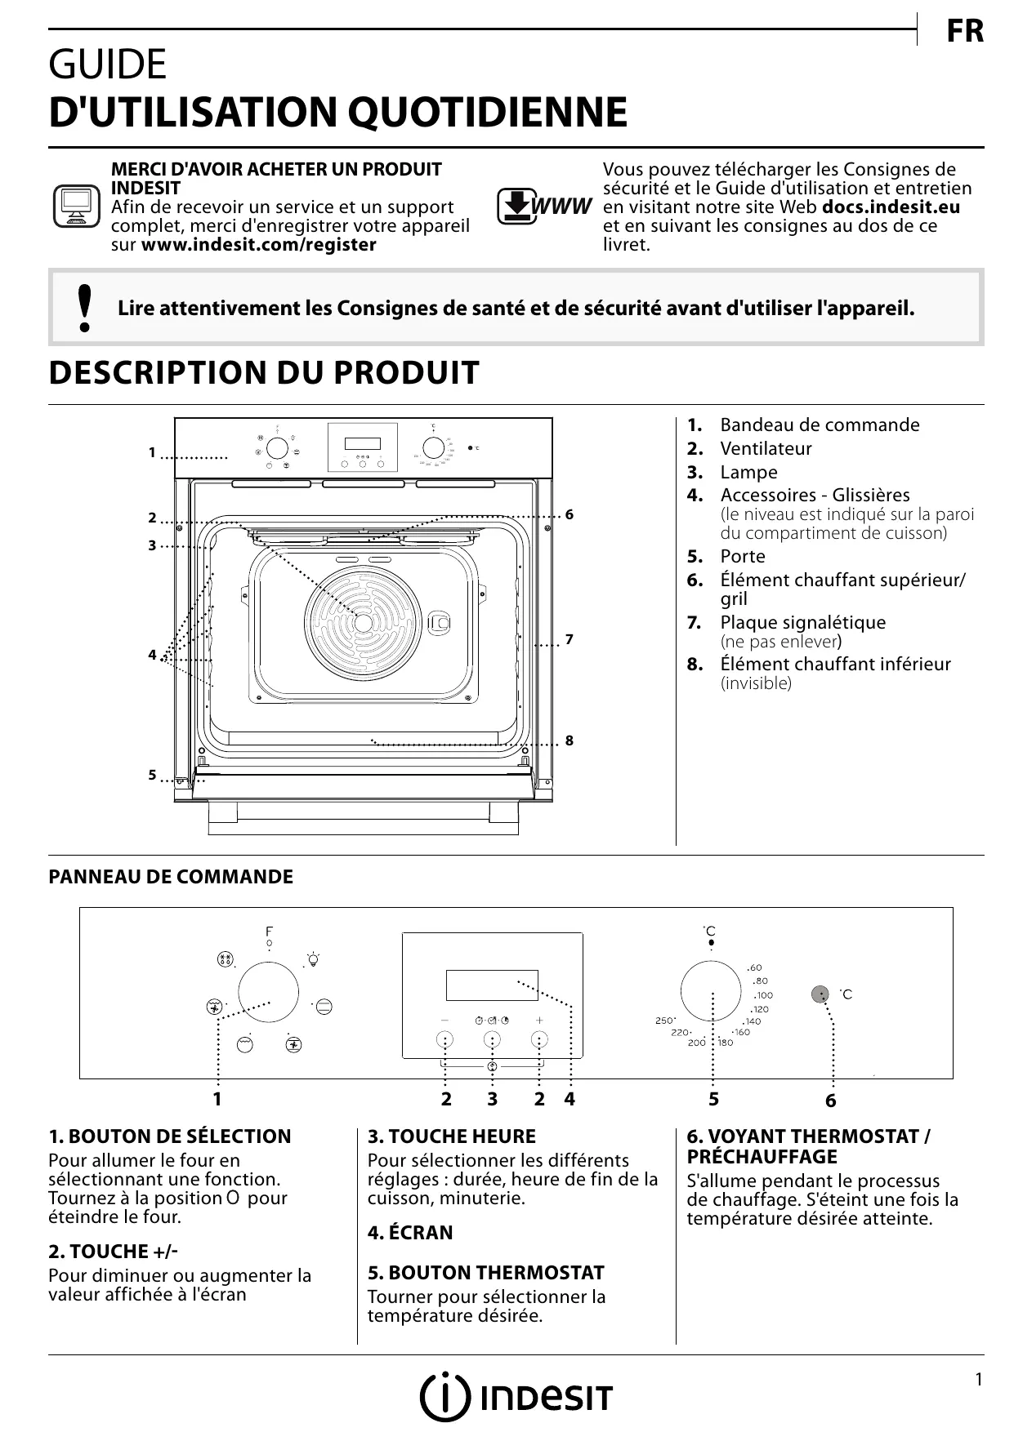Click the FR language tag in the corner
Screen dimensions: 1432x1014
(965, 32)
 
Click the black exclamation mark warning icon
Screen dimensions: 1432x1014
(83, 308)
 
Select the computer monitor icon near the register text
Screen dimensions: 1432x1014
(76, 207)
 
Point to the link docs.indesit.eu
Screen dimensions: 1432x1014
(891, 207)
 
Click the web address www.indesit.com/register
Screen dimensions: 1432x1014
(259, 245)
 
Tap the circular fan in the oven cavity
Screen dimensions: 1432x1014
(364, 622)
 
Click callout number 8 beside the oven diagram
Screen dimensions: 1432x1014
(569, 740)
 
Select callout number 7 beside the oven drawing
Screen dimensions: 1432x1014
(569, 639)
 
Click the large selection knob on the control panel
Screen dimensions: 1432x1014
(269, 991)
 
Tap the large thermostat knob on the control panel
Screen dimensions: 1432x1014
(712, 990)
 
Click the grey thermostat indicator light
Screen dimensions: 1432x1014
(820, 994)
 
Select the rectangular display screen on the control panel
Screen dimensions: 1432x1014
(492, 985)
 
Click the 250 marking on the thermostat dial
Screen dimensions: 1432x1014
(664, 1021)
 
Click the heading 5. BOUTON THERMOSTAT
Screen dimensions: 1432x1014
(485, 1273)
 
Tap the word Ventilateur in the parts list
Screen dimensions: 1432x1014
(766, 448)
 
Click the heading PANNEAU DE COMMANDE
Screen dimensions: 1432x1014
(171, 877)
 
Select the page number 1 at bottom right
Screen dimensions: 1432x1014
(978, 1380)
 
